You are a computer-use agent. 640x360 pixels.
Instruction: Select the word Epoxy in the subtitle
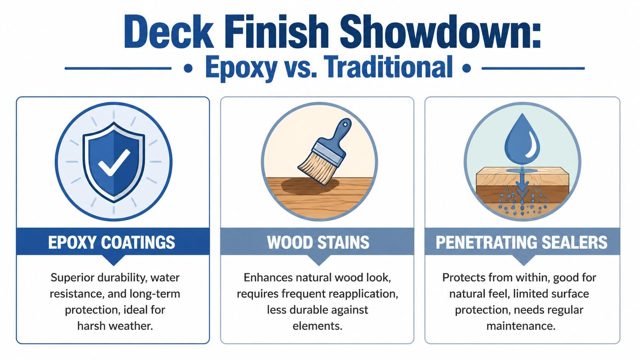[241, 67]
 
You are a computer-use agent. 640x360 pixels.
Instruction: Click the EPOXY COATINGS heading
[112, 242]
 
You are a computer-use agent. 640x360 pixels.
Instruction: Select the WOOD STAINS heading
[318, 242]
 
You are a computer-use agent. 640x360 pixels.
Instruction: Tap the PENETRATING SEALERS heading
[522, 242]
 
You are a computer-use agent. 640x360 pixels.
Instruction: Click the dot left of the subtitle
[188, 69]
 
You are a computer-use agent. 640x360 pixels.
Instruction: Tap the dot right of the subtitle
[467, 69]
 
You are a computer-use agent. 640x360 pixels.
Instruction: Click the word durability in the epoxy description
[124, 277]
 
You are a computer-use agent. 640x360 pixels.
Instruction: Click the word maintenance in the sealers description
[521, 326]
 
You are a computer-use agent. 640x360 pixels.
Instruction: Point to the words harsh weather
[115, 326]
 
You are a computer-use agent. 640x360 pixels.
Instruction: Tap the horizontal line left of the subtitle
[118, 69]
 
